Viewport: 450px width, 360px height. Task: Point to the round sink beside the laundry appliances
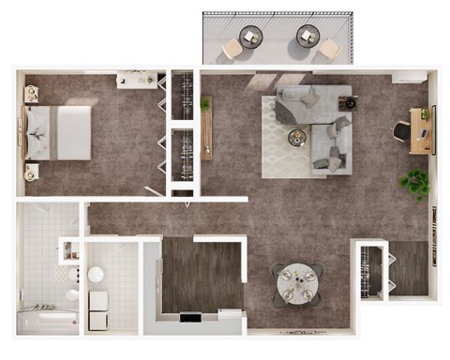[95, 275]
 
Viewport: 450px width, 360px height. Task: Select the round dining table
[297, 282]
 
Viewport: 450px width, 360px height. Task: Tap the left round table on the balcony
[251, 37]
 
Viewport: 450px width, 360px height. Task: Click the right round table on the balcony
[307, 37]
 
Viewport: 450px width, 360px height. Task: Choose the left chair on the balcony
[232, 48]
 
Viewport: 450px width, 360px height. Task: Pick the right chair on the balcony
[329, 48]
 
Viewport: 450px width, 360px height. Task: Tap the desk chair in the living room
[400, 131]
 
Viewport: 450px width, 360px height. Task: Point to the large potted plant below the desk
[414, 183]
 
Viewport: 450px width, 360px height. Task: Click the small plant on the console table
[204, 103]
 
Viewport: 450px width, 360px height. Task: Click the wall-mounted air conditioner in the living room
[409, 77]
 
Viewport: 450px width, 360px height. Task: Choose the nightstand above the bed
[31, 92]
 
